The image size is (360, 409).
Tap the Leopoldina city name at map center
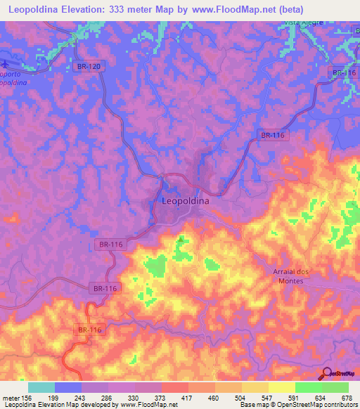pyautogui.click(x=186, y=200)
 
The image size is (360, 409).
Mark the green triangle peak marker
pyautogui.click(x=181, y=240)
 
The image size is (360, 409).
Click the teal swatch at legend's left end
pyautogui.click(x=41, y=387)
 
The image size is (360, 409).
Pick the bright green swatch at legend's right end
pyautogui.click(x=335, y=387)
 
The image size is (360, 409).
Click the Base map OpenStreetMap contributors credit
pyautogui.click(x=296, y=405)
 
